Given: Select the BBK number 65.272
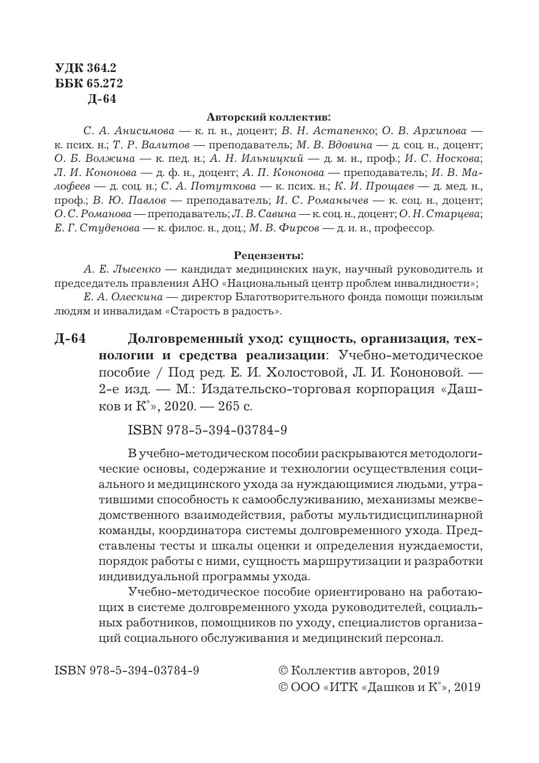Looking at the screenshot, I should click(101, 84).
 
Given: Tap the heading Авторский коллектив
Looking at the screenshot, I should click(268, 116).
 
